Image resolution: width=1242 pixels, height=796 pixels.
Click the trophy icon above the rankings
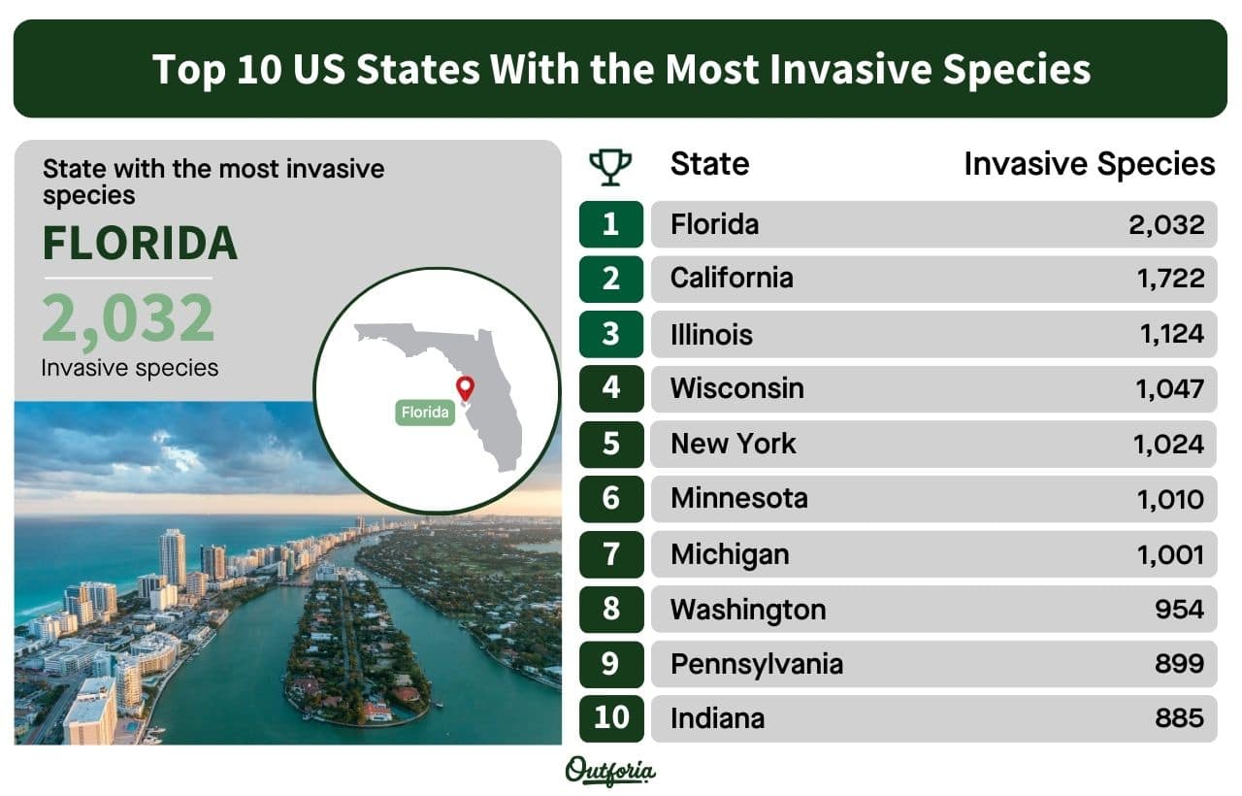(610, 167)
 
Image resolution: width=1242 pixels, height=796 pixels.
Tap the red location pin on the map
(465, 387)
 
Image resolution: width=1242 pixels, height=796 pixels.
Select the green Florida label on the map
(425, 413)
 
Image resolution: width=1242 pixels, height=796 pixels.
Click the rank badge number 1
(611, 224)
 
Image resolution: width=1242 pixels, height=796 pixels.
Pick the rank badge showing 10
(611, 718)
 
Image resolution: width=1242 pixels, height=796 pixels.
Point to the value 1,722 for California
(1170, 279)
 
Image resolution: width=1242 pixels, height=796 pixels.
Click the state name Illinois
(711, 335)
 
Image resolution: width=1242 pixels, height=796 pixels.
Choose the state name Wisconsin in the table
(736, 388)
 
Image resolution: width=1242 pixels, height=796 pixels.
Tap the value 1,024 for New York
(1168, 445)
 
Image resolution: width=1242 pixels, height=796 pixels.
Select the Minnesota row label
(739, 498)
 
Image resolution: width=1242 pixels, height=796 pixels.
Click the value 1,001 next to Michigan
(1170, 554)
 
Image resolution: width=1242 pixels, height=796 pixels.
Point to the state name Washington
(748, 610)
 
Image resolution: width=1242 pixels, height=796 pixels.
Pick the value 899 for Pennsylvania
(1179, 663)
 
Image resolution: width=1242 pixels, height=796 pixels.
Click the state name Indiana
(717, 718)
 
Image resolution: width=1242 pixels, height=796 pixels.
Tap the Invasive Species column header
(1090, 164)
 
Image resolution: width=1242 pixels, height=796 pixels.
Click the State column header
(709, 164)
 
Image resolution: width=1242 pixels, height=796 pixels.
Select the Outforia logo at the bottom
(610, 771)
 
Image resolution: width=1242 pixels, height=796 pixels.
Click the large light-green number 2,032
(128, 318)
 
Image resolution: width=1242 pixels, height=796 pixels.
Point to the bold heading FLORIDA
(141, 243)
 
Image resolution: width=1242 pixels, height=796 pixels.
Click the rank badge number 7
(611, 554)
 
